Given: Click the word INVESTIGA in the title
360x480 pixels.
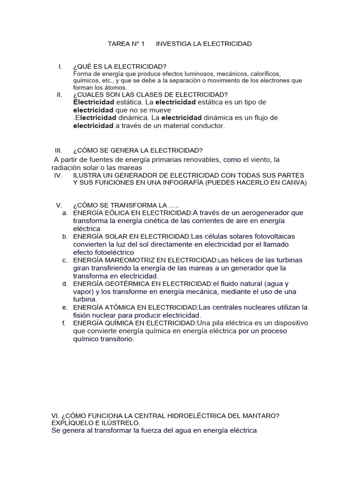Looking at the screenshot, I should [x=172, y=44].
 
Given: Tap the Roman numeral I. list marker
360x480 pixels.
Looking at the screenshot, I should [x=60, y=67].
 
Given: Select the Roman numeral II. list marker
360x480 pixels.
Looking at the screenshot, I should [x=59, y=95].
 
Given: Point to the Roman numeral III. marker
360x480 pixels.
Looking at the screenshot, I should [x=59, y=150].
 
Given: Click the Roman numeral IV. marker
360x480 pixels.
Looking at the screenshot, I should [x=59, y=175].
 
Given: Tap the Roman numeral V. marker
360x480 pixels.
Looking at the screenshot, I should [x=59, y=205].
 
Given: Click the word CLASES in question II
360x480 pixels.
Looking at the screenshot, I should [x=138, y=95].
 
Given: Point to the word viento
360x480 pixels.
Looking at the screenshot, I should [x=254, y=160].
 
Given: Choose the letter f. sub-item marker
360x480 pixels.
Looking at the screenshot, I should [x=64, y=323].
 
